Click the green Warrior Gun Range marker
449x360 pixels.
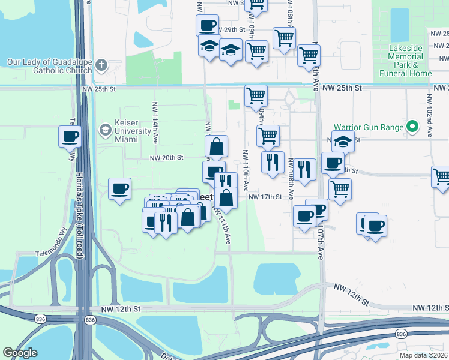412,127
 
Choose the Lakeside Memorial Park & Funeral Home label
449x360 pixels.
405,61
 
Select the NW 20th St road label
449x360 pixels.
166,158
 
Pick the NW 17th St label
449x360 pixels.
265,197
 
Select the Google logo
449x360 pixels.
20,352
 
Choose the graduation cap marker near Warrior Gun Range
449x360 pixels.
343,142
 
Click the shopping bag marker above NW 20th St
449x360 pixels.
216,146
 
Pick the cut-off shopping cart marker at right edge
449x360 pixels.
441,177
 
